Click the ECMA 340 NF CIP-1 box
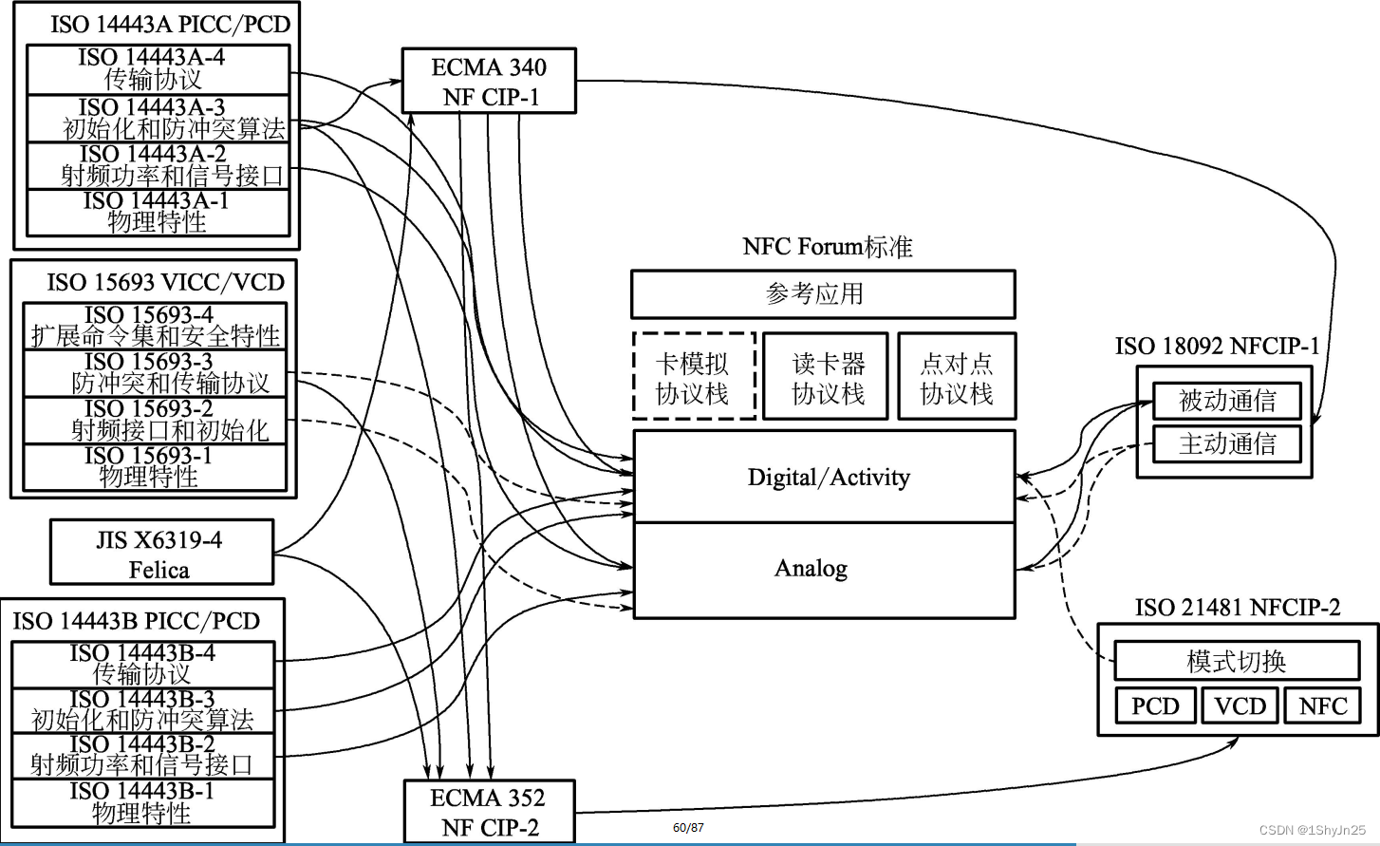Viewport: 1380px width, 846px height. [x=489, y=82]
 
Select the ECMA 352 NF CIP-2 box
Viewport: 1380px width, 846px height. [x=489, y=812]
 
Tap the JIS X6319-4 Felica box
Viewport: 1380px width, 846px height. [x=161, y=553]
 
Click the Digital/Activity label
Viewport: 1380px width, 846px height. [x=828, y=477]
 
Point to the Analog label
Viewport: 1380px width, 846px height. [x=811, y=568]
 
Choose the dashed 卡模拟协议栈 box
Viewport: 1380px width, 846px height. [x=694, y=377]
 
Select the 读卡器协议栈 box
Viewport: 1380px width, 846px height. [x=826, y=377]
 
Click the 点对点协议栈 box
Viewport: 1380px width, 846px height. [x=957, y=377]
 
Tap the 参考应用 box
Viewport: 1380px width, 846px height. [x=822, y=294]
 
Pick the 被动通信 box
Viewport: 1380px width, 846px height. [x=1226, y=401]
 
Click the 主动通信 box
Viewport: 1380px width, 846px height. [x=1226, y=443]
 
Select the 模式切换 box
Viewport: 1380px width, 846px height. [x=1236, y=661]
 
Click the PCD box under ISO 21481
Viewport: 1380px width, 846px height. [x=1154, y=706]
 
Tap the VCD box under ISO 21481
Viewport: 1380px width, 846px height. [x=1240, y=706]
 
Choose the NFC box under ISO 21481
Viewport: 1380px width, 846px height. [x=1322, y=706]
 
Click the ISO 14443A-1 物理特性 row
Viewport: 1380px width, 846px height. [x=158, y=213]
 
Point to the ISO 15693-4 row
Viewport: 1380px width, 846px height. [x=155, y=326]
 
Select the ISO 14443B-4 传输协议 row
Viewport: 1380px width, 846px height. [x=142, y=664]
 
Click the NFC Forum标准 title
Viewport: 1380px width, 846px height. [x=827, y=247]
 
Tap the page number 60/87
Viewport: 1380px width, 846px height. [x=688, y=828]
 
